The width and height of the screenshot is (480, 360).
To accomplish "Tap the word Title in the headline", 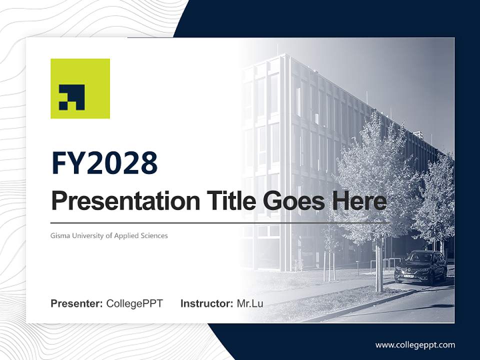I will point(222,200).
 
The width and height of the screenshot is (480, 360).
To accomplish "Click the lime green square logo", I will point(80,88).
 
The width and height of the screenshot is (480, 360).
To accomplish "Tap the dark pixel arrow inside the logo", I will point(72,97).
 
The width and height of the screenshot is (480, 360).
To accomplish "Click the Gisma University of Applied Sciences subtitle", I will point(109,235).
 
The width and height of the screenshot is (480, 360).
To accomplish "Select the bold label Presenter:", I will point(77,303).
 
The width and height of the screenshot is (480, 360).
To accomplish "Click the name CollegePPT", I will point(134,303).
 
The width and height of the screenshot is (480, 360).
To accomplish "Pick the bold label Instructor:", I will point(206,303).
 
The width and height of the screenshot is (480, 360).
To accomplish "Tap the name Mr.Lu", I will point(250,303).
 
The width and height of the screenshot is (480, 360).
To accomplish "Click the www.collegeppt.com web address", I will point(415,344).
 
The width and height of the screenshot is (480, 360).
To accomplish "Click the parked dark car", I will point(420,268).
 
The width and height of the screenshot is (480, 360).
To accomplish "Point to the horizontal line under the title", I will point(220,222).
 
